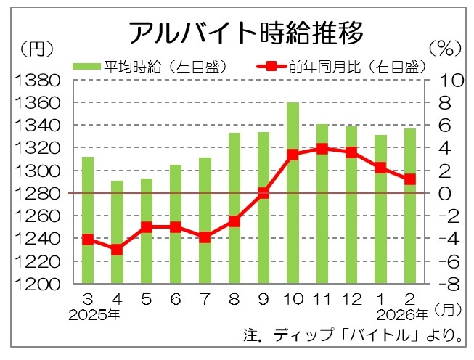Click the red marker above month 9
pos(263,193)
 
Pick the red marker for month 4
pos(117,250)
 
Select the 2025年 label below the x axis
pos(94,316)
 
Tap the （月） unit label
pos(448,310)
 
